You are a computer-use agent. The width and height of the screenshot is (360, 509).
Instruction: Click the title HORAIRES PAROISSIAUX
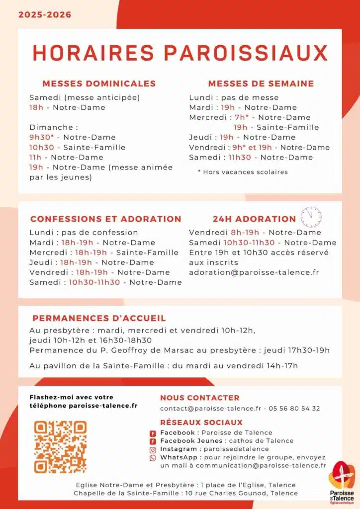click(x=180, y=53)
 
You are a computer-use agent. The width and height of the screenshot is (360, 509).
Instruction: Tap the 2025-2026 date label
click(x=45, y=15)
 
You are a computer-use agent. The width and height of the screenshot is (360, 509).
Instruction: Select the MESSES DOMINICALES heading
click(x=99, y=84)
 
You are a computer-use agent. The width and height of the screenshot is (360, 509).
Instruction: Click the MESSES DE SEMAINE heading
click(x=261, y=84)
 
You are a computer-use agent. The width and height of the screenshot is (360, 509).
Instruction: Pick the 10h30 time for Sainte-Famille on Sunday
click(x=41, y=147)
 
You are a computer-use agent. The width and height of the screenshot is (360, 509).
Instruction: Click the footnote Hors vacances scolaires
click(x=243, y=172)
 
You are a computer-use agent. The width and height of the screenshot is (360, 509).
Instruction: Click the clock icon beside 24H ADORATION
click(x=311, y=217)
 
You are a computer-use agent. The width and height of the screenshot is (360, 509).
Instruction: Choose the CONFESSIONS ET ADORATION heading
click(x=105, y=219)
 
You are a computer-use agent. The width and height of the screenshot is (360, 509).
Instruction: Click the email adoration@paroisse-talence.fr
click(x=254, y=272)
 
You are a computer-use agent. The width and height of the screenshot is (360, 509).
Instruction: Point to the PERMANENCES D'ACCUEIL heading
click(x=99, y=318)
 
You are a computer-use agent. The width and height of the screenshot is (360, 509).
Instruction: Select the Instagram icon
click(x=153, y=449)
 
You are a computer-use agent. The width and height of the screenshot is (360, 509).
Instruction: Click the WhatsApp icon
click(x=153, y=458)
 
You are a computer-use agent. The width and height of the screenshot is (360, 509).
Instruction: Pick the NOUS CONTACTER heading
click(x=199, y=398)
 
